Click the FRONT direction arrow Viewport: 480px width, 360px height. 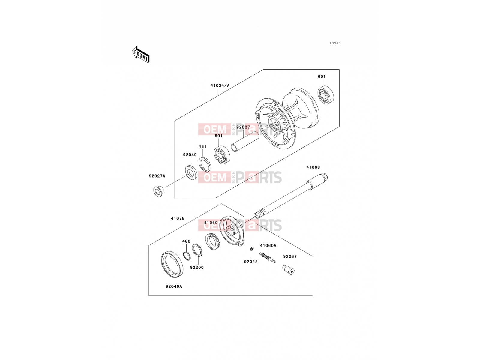[141, 55]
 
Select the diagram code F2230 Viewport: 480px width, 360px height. [335, 43]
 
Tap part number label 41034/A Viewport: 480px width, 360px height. [220, 85]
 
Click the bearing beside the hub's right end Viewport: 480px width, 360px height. [326, 95]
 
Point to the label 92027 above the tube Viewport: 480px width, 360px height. [243, 127]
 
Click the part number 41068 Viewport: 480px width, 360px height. [313, 167]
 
